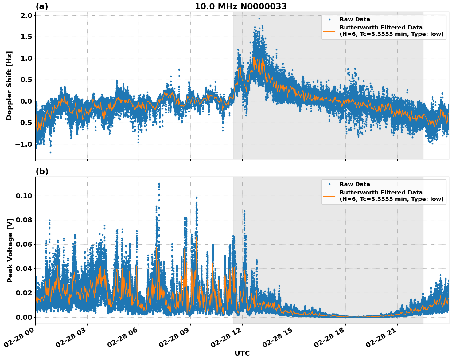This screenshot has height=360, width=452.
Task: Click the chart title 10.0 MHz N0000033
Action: (x=240, y=6)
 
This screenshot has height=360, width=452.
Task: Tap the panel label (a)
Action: (x=42, y=6)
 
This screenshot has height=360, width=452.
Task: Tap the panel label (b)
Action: (x=42, y=171)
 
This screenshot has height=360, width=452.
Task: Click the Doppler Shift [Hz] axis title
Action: (x=9, y=85)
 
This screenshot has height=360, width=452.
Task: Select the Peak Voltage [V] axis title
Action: (x=10, y=250)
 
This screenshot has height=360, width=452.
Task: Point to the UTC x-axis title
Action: (x=242, y=353)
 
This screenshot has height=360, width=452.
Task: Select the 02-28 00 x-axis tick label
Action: (x=20, y=338)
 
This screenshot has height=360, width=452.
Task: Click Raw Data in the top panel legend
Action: (x=355, y=19)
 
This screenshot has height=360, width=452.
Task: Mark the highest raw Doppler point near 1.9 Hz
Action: (x=259, y=18)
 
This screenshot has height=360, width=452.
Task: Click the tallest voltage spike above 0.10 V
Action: (x=159, y=184)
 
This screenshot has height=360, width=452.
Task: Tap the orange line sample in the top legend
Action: (x=329, y=31)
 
